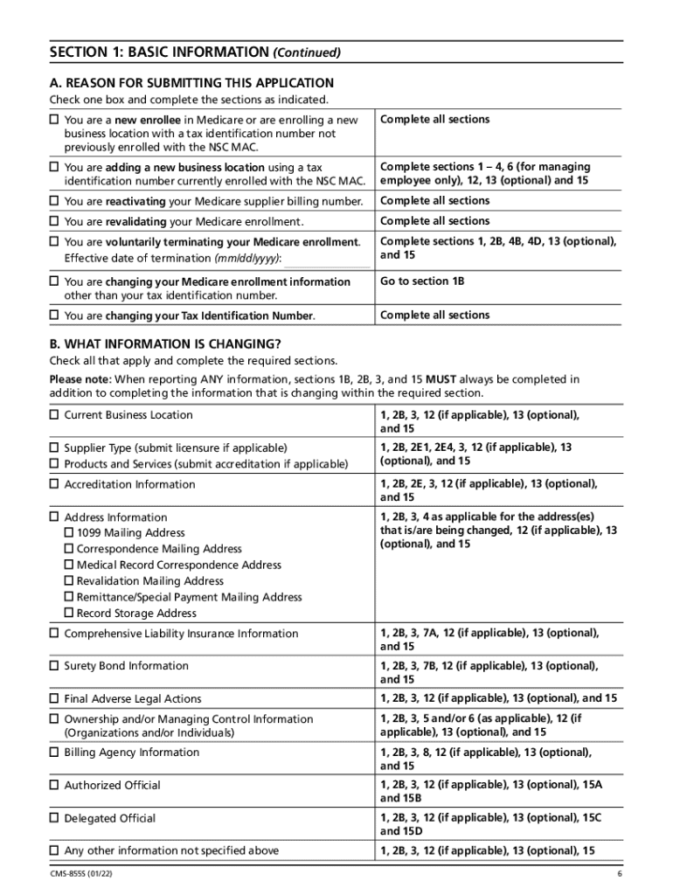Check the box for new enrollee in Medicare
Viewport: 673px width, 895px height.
(53, 120)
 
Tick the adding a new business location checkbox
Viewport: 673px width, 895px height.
(53, 167)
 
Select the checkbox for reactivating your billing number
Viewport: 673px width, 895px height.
(53, 201)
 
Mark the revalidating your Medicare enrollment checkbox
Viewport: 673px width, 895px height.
(53, 222)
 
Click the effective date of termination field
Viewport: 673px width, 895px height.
(328, 260)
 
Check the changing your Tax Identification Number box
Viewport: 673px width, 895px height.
(53, 316)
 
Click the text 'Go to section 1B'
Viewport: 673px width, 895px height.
(422, 281)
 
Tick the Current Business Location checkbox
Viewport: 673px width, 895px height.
(53, 415)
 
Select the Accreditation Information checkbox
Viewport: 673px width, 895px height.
(53, 484)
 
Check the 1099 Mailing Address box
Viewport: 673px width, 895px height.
(70, 533)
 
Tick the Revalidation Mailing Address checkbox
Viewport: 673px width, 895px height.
(70, 581)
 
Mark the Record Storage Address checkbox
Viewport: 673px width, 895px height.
(70, 614)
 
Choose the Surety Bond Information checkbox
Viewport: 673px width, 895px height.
(53, 666)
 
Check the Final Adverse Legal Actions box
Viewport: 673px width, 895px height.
(53, 699)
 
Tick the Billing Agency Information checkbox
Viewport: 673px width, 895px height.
(53, 753)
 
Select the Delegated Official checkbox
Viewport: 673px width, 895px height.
(53, 819)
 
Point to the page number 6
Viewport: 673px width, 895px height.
(618, 875)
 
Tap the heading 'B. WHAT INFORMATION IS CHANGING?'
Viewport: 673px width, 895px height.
(165, 344)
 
